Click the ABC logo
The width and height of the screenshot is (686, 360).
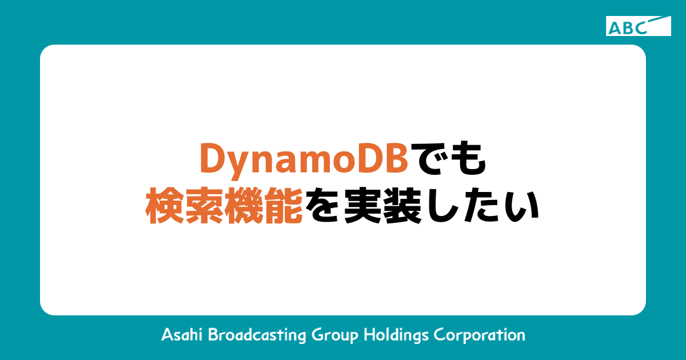(638, 26)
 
